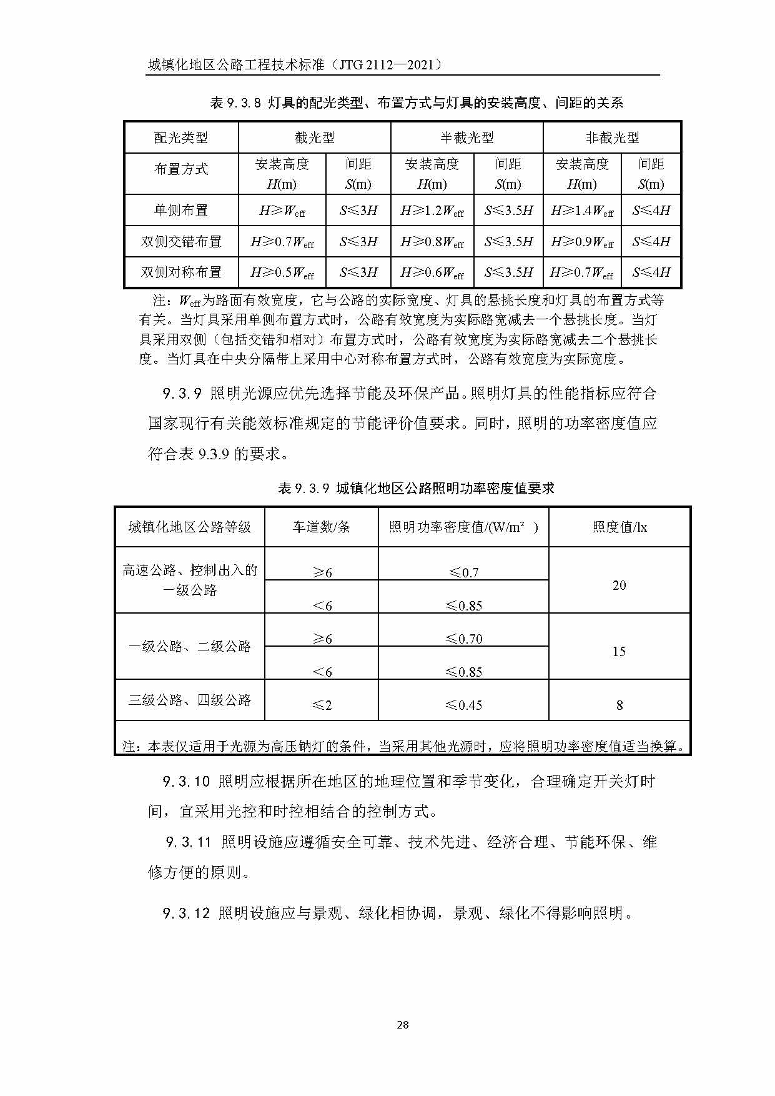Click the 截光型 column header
click(x=314, y=137)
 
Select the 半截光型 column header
click(x=466, y=137)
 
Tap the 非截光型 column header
click(x=612, y=137)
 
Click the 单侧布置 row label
click(x=181, y=211)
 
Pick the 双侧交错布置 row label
click(x=181, y=242)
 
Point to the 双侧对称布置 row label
click(x=181, y=272)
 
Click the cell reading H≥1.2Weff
click(x=432, y=211)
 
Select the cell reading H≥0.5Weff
click(x=282, y=272)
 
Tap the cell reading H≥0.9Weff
click(x=582, y=242)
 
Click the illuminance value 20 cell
click(x=619, y=585)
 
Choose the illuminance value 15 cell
click(x=619, y=652)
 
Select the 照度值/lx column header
click(x=620, y=527)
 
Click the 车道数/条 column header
click(x=322, y=527)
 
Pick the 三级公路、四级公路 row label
click(x=190, y=700)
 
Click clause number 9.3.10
click(x=186, y=782)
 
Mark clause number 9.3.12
click(x=186, y=914)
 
